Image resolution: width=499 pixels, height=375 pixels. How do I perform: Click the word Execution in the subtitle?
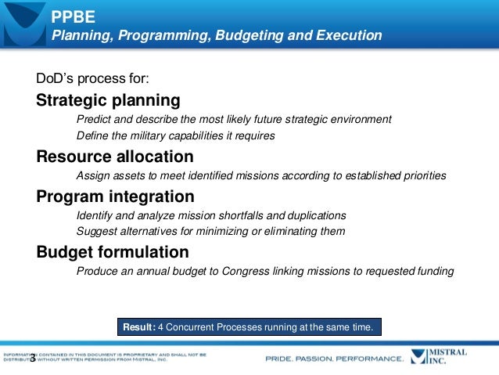tap(348, 36)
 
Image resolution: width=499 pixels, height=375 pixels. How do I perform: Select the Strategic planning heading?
tap(108, 101)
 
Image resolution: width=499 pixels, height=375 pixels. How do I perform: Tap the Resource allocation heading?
tap(115, 156)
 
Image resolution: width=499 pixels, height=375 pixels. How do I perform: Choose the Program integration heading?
tap(115, 196)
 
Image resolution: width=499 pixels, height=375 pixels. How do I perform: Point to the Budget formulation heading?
tap(113, 252)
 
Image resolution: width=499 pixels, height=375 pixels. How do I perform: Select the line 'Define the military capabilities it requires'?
tap(175, 135)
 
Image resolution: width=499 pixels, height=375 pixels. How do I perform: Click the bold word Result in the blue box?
tap(139, 326)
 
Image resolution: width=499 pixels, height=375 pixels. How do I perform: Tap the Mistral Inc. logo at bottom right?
tap(446, 357)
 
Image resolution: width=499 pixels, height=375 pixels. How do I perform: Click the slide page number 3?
tap(32, 361)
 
